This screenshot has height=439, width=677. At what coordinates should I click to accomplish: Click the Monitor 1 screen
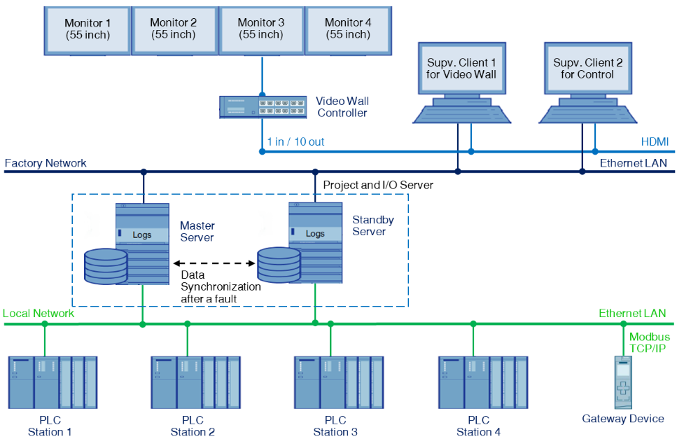coord(88,29)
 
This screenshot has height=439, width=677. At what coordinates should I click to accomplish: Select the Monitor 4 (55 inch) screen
coord(349,29)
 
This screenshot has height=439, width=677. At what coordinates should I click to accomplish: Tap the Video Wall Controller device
coord(263,107)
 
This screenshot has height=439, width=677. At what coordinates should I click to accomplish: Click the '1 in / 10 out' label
coord(295,142)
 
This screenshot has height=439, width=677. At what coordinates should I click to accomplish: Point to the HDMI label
coord(654,142)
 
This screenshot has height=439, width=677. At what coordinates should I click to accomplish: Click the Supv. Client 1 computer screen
coord(461,69)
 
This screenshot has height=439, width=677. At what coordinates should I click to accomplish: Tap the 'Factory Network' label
coord(46,163)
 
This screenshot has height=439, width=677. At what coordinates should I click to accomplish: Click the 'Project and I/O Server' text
coord(378,185)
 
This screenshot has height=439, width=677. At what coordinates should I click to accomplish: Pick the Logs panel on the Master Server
coord(143,235)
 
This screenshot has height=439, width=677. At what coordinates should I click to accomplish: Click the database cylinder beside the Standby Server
coord(278,265)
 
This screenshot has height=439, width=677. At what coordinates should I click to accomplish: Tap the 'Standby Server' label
coord(373,225)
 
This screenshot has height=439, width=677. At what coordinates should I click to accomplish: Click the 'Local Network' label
coord(39,313)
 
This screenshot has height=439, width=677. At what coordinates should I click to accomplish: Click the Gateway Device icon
coord(622,382)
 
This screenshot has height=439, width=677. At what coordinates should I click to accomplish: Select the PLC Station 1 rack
coord(53,382)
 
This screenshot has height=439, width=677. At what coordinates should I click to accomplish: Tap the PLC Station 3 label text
coord(335,426)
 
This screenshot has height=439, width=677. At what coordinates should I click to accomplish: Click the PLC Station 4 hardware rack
coord(482,382)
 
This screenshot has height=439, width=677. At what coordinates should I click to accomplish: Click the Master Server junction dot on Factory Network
coord(144,171)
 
